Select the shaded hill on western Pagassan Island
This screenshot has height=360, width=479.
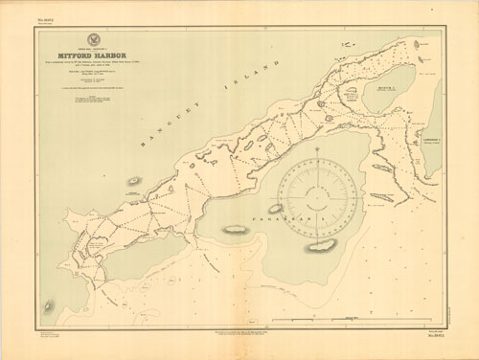coord(235,231)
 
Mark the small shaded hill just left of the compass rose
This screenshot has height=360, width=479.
coord(272,207)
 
